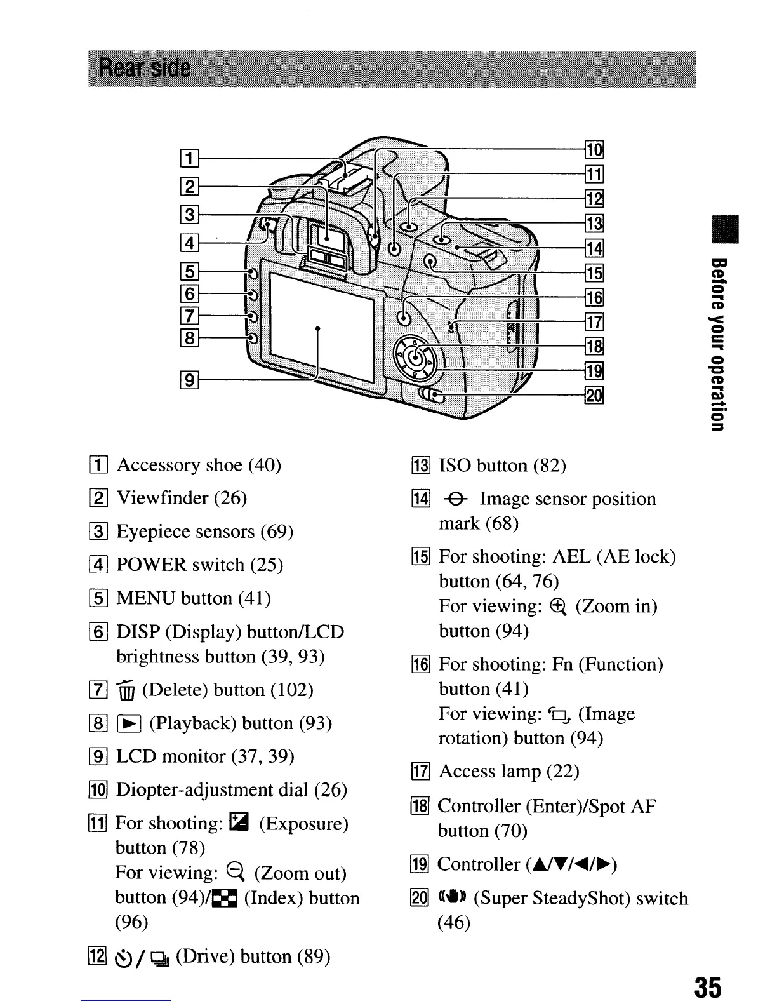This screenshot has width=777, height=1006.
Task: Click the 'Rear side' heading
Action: click(145, 67)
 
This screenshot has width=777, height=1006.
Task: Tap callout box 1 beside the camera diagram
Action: click(189, 157)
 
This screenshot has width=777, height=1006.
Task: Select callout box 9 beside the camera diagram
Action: click(189, 382)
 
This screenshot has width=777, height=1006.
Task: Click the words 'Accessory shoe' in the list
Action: click(180, 465)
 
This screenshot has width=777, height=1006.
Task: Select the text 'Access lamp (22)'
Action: click(508, 772)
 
